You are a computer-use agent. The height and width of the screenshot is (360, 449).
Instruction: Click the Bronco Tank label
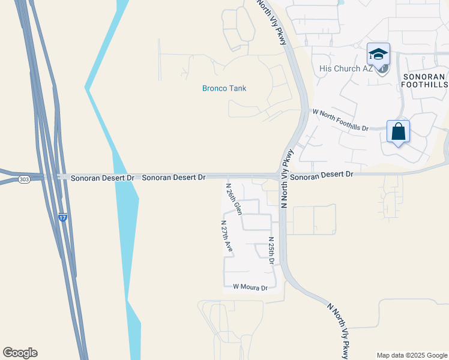[x=224, y=89]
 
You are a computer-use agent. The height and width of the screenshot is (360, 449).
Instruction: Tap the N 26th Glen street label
[x=234, y=199]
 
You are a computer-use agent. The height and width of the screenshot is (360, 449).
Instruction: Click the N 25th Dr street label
[x=271, y=251]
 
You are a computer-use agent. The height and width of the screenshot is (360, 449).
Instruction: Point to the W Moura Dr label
[x=250, y=288]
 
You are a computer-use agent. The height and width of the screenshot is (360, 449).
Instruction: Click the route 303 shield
[x=23, y=179]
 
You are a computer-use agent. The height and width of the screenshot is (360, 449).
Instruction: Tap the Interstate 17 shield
[x=62, y=218]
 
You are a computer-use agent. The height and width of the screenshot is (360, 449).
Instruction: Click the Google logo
[x=20, y=353]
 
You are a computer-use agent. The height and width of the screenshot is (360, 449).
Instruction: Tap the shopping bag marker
[x=398, y=131]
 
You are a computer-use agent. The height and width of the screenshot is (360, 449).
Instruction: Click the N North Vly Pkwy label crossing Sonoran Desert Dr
[x=287, y=180]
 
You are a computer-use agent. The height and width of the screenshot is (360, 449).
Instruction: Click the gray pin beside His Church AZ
[x=382, y=69]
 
